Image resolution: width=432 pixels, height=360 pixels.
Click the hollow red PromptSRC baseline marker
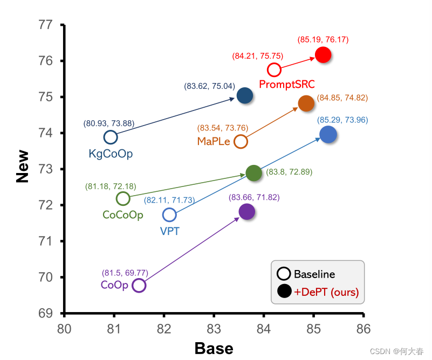pyautogui.click(x=274, y=70)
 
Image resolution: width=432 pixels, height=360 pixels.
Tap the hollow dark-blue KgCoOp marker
pyautogui.click(x=111, y=137)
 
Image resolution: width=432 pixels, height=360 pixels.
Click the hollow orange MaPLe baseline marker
pyautogui.click(x=241, y=142)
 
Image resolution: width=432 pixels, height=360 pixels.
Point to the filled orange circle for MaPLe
pyautogui.click(x=306, y=104)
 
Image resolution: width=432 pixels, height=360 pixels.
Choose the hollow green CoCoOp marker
pyautogui.click(x=123, y=198)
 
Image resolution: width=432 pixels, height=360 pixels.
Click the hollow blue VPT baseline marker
pyautogui.click(x=169, y=215)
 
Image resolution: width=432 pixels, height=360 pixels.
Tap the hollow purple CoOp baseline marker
pyautogui.click(x=139, y=285)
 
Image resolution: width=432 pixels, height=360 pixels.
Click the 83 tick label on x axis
pyautogui.click(x=214, y=328)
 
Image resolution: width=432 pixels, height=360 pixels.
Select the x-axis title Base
pyautogui.click(x=214, y=348)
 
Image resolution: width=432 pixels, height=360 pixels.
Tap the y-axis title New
pyautogui.click(x=23, y=169)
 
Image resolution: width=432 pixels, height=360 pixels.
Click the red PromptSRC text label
pyautogui.click(x=287, y=84)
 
